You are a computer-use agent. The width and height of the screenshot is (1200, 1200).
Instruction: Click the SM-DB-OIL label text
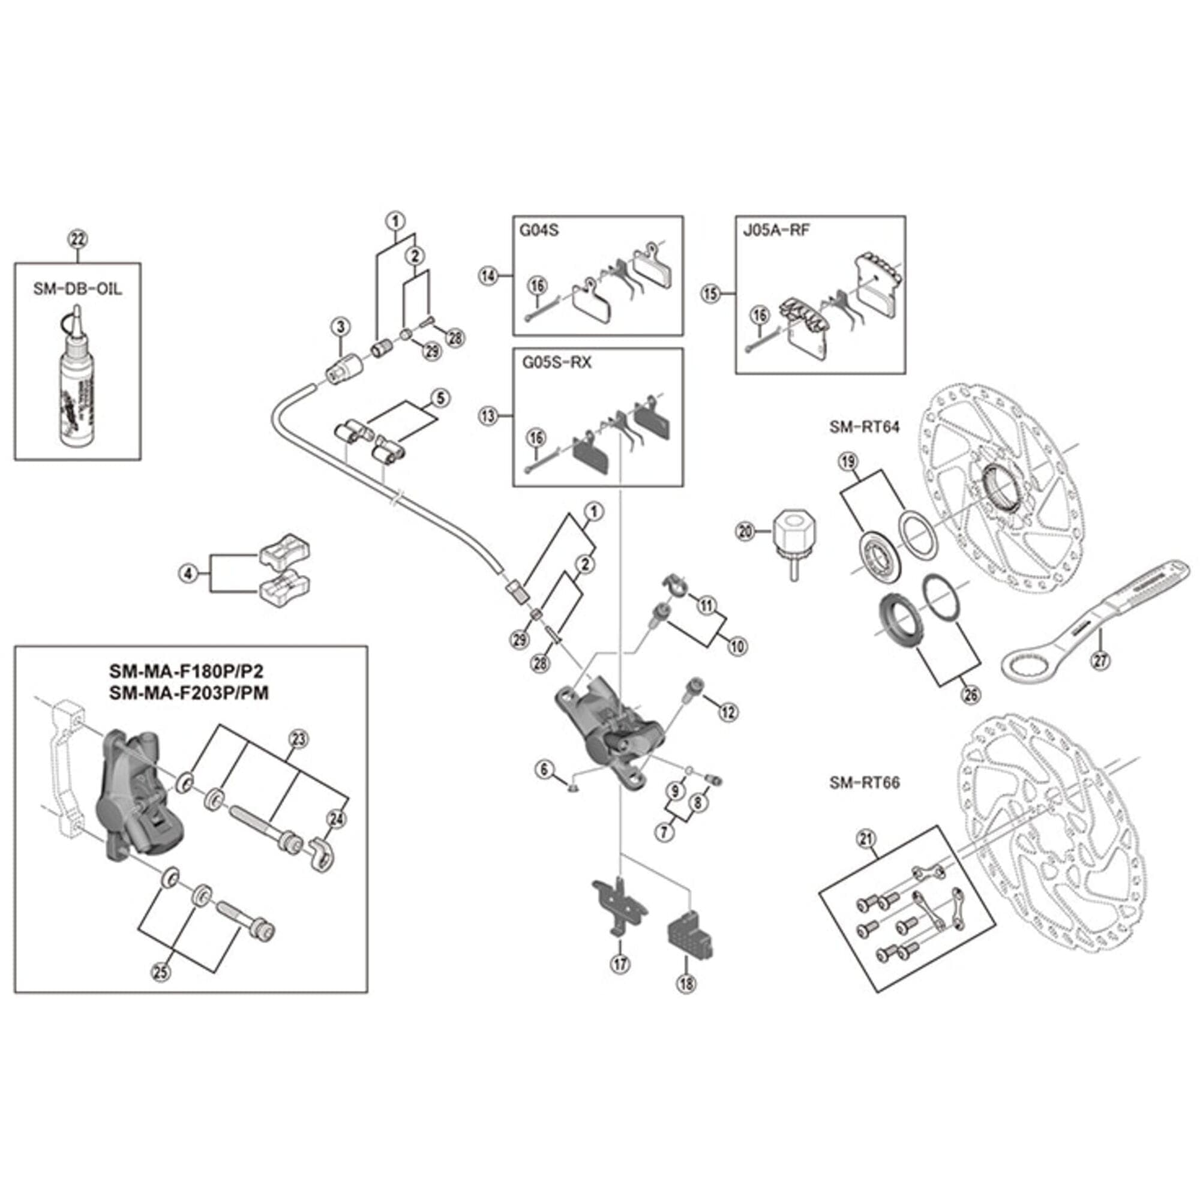pyautogui.click(x=77, y=289)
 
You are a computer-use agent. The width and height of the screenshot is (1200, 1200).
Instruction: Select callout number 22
pyautogui.click(x=77, y=239)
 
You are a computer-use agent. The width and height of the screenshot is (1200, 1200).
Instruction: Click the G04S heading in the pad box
pyautogui.click(x=539, y=230)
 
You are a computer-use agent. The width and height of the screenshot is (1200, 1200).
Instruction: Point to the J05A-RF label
pyautogui.click(x=776, y=230)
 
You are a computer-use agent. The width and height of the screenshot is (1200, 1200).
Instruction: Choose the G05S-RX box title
pyautogui.click(x=557, y=362)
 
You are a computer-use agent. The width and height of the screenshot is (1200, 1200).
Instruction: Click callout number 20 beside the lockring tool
pyautogui.click(x=745, y=531)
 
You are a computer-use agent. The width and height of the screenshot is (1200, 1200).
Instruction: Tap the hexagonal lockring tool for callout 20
pyautogui.click(x=793, y=537)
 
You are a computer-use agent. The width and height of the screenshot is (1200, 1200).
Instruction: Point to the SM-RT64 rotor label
pyautogui.click(x=864, y=427)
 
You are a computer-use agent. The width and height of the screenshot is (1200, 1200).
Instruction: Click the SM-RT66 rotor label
pyautogui.click(x=864, y=782)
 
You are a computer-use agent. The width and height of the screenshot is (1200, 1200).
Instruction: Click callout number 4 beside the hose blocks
pyautogui.click(x=189, y=574)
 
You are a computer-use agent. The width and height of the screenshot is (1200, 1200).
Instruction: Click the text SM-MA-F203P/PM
pyautogui.click(x=189, y=692)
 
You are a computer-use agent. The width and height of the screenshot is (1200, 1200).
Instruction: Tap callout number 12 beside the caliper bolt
pyautogui.click(x=728, y=712)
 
